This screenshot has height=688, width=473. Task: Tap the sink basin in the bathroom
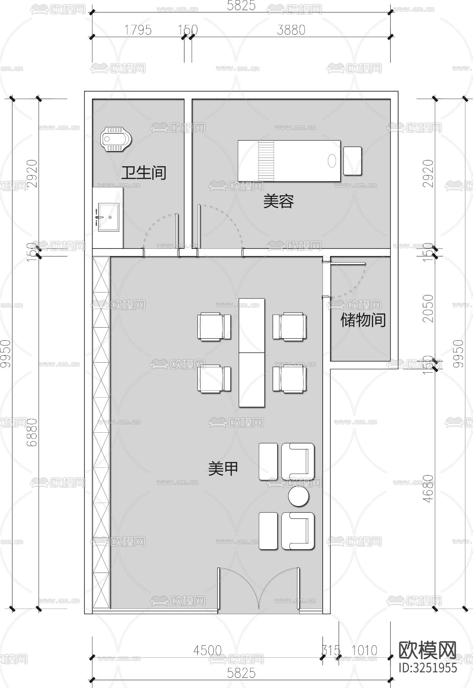pyautogui.click(x=109, y=217)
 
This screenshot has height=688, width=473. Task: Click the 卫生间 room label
pyautogui.click(x=144, y=173)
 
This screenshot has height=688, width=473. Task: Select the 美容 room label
pyautogui.click(x=278, y=201)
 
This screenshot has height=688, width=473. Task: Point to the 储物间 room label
pyautogui.click(x=363, y=320)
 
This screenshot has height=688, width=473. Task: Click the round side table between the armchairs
pyautogui.click(x=298, y=496)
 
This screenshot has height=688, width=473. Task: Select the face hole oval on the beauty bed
pyautogui.click(x=332, y=161)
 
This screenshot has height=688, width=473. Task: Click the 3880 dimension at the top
pyautogui.click(x=291, y=30)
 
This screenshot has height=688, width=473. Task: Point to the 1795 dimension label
pyautogui.click(x=138, y=30)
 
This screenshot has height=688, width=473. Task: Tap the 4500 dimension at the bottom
pyautogui.click(x=207, y=650)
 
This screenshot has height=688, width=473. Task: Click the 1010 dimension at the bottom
pyautogui.click(x=364, y=650)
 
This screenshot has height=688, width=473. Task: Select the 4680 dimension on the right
pyautogui.click(x=429, y=488)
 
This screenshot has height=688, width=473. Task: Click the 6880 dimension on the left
pyautogui.click(x=32, y=432)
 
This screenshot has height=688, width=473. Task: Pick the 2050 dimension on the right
pyautogui.click(x=429, y=308)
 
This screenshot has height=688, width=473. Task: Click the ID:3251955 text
pyautogui.click(x=427, y=667)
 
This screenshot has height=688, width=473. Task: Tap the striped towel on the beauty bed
pyautogui.click(x=266, y=161)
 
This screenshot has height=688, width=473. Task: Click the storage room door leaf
pyautogui.click(x=348, y=263)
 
